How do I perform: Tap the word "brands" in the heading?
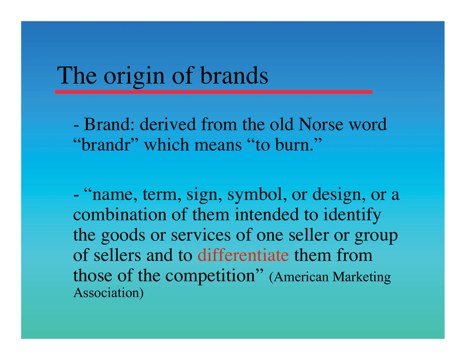tap(234, 75)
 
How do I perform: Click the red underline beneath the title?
tap(213, 92)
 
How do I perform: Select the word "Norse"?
tap(321, 124)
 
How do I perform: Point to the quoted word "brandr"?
tap(106, 145)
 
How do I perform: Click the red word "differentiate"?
tap(243, 255)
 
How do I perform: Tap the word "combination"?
tap(120, 214)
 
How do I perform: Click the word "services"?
tap(201, 235)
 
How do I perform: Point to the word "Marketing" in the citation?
tap(361, 278)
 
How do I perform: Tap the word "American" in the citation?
tap(301, 277)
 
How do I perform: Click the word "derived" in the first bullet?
tap(167, 124)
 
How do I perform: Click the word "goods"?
tap(123, 236)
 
